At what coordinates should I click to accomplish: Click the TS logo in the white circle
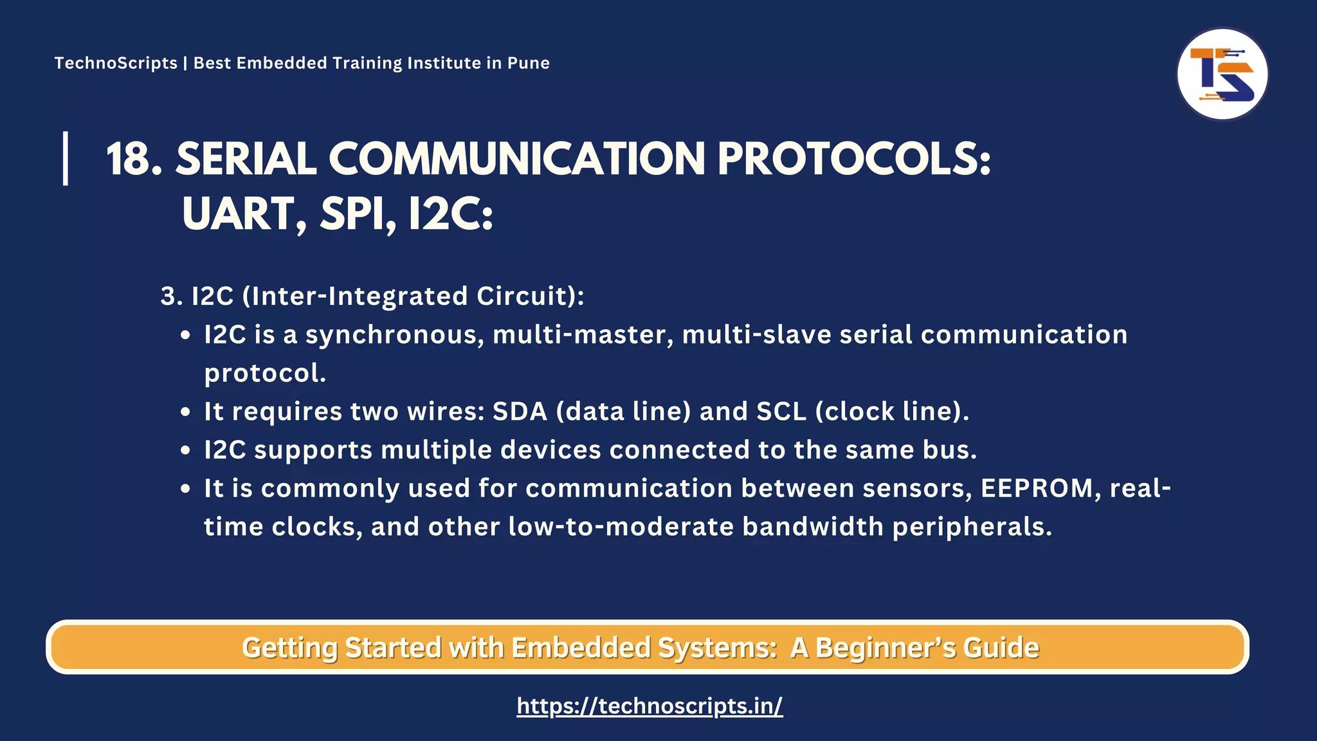[x=1222, y=74]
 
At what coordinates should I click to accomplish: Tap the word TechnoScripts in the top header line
[x=116, y=63]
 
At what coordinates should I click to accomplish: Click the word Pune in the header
[x=528, y=63]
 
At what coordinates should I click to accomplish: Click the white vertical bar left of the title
[x=66, y=158]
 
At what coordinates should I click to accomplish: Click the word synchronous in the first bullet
[x=394, y=334]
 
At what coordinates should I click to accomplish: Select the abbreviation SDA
[x=520, y=412]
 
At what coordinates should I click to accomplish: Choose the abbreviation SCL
[x=781, y=412]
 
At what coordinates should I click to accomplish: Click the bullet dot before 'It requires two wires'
[x=186, y=412]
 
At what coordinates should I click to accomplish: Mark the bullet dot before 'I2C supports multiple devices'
[x=186, y=451]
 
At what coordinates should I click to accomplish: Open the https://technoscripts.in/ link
[x=649, y=706]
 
